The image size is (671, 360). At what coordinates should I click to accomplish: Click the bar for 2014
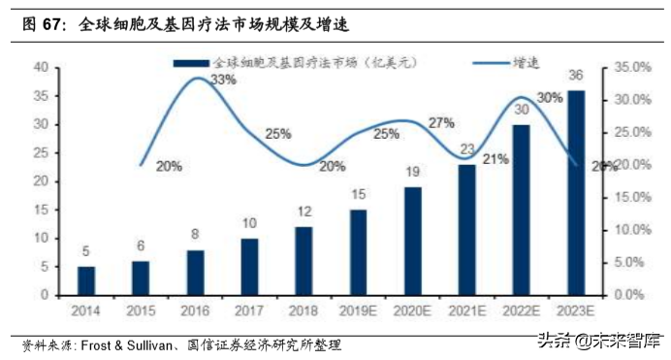86,280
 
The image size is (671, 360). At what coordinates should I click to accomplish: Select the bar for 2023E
576,192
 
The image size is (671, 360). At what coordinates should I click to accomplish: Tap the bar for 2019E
359,251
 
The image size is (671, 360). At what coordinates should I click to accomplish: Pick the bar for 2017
250,266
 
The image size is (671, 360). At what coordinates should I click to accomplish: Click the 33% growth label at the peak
223,81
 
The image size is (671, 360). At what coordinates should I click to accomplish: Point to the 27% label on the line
440,122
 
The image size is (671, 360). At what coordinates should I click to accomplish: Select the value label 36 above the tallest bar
576,77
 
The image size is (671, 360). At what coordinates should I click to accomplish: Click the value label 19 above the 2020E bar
413,172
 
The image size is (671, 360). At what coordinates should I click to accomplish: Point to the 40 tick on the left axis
41,67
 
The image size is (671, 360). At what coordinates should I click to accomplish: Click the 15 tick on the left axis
41,210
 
